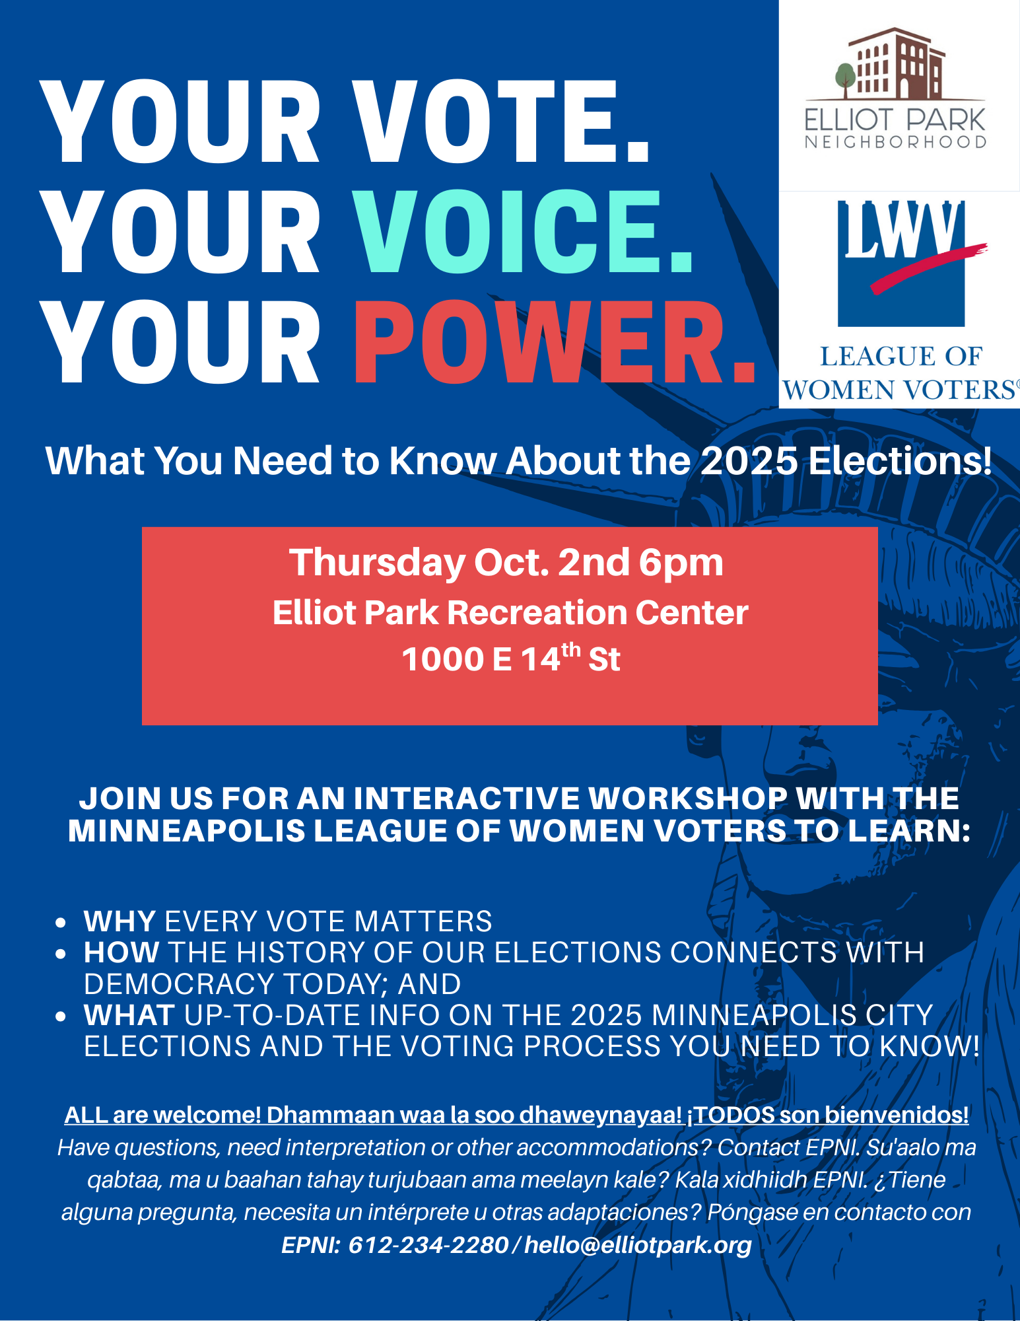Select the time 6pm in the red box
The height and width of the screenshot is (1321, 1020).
(x=681, y=563)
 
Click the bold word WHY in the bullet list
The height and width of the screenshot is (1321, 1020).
(x=119, y=921)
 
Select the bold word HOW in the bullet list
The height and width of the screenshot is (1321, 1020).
(x=121, y=952)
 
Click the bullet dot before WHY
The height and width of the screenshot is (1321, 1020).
(x=61, y=922)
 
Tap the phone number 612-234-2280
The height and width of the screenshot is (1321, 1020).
(x=428, y=1245)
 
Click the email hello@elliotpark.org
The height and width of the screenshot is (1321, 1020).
(x=638, y=1245)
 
